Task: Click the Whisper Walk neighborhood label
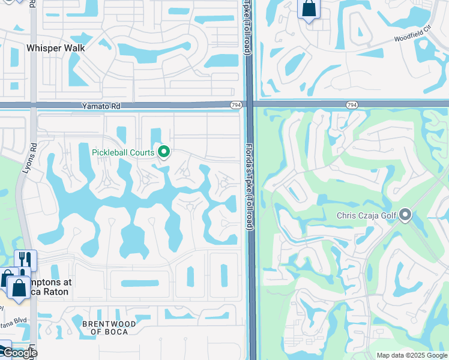(x=56, y=47)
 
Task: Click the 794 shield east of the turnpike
(x=352, y=105)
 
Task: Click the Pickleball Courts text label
(x=123, y=152)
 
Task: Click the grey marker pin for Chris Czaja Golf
(x=406, y=215)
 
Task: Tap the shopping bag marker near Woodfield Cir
(x=309, y=9)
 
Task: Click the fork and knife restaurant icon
(x=25, y=260)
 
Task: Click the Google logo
(x=19, y=353)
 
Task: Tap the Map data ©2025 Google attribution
(x=412, y=355)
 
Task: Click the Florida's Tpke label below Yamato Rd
(x=250, y=186)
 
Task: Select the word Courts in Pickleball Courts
(x=142, y=152)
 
